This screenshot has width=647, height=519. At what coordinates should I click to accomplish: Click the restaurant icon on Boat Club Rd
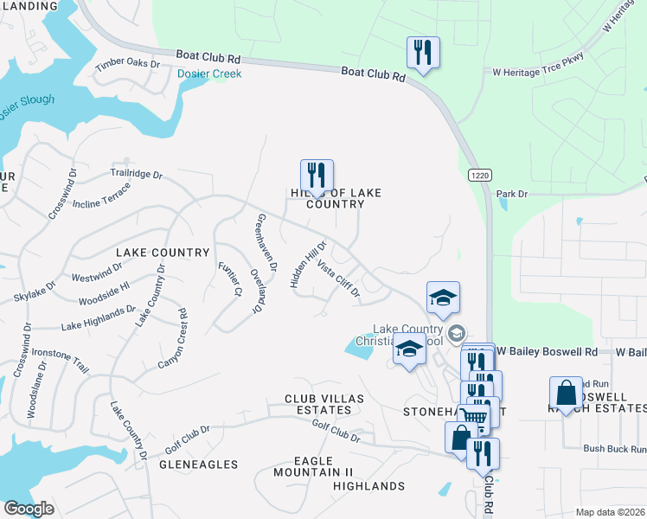click(x=423, y=53)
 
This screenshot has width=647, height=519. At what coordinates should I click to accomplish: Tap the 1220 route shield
click(x=480, y=175)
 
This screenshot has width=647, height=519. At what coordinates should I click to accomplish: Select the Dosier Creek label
click(x=209, y=74)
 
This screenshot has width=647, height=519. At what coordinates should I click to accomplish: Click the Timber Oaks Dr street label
click(x=128, y=64)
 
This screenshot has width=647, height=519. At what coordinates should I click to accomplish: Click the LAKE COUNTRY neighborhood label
click(x=163, y=253)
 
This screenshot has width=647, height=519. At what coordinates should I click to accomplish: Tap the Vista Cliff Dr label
click(x=338, y=279)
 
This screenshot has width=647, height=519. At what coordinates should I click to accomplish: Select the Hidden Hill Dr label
click(x=306, y=265)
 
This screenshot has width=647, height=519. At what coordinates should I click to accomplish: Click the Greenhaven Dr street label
click(x=266, y=242)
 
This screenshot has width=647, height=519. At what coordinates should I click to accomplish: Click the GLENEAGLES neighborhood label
click(x=199, y=465)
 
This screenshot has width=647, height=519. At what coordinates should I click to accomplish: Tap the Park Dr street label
click(x=512, y=195)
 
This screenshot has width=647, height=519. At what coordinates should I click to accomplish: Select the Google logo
click(x=29, y=509)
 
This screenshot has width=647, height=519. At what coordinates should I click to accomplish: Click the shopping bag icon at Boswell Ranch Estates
click(x=566, y=394)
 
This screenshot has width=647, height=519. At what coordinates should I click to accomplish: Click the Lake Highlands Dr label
click(x=98, y=318)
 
